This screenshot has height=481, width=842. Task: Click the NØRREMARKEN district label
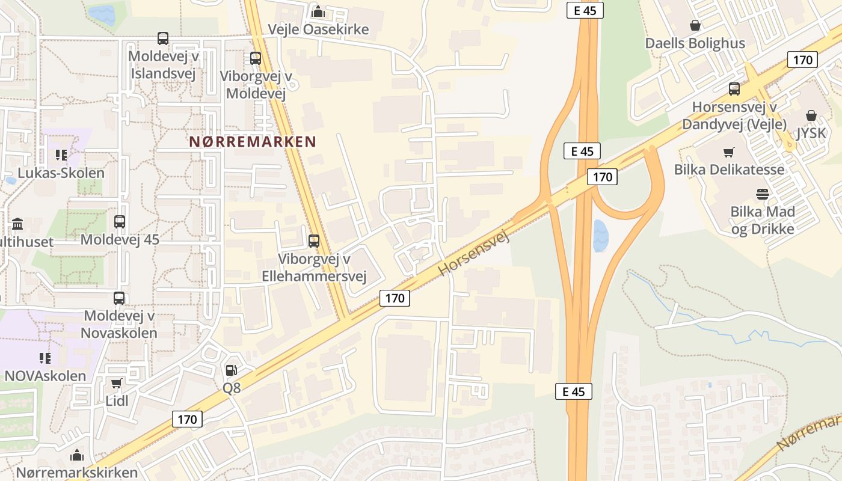pos(253,142)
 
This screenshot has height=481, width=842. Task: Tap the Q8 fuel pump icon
pos(232,370)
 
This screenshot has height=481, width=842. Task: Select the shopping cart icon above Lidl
pos(117,383)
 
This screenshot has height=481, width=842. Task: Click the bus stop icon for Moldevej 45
pos(120,222)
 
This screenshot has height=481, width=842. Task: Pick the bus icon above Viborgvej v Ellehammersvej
pos(314,241)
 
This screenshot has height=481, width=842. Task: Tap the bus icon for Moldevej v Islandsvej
pos(163,38)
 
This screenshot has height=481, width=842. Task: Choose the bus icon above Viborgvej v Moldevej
pos(256,58)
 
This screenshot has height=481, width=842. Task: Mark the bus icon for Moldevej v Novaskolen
pos(119,298)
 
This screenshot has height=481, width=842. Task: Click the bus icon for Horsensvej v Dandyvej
pos(734,89)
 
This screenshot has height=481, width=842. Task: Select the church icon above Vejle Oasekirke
pos(318,11)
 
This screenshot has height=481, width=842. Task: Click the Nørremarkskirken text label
pos(77,472)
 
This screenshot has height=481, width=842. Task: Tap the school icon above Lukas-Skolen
pos(61,155)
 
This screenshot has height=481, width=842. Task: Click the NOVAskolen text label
pos(45,376)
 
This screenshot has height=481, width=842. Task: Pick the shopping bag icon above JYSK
pos(811,115)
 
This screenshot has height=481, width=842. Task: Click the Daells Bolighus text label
pos(695,43)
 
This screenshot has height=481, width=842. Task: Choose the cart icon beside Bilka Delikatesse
pos(729,152)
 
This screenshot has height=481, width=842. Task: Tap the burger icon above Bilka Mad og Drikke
pos(763,194)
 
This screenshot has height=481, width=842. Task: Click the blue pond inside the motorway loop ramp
pos(600,235)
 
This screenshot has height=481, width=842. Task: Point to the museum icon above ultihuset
pos(17,224)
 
